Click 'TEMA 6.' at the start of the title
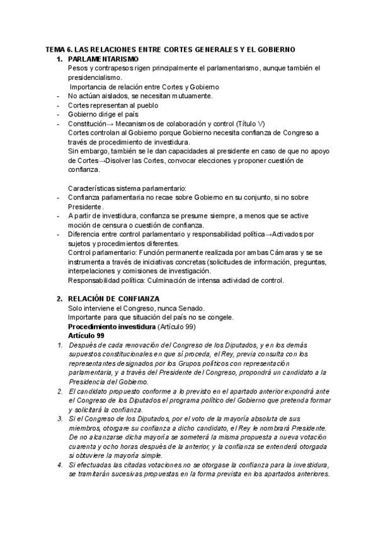point(60,49)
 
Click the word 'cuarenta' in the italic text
point(82,446)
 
